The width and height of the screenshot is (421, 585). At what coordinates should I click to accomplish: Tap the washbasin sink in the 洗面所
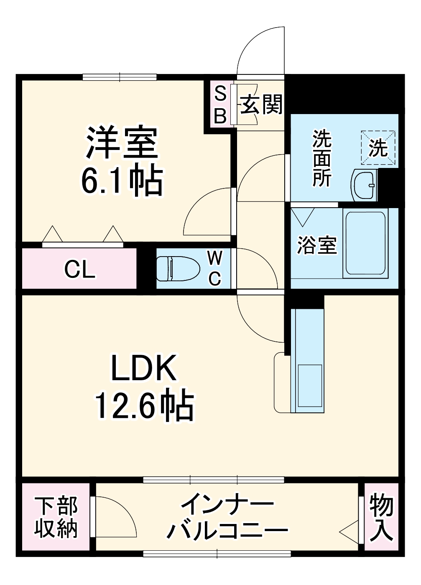click(365, 185)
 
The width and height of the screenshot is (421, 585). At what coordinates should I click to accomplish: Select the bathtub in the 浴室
click(365, 244)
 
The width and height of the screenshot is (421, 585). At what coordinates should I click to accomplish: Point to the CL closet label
click(79, 270)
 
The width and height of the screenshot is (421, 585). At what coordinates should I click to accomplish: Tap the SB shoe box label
click(220, 104)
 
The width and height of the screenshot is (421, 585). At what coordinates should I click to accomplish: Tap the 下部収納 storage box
click(56, 517)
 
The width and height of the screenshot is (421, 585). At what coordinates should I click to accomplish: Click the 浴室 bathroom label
click(316, 245)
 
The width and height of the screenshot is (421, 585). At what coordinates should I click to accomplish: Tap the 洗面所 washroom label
click(322, 159)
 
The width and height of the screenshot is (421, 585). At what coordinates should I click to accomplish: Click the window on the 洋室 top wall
click(120, 77)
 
